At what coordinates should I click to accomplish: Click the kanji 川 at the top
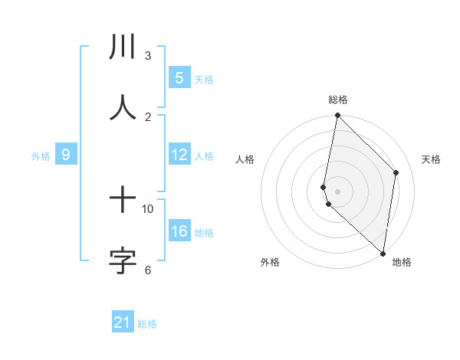pos(123,47)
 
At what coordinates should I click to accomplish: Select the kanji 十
pos(123,201)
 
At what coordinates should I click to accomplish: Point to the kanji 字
pos(123,260)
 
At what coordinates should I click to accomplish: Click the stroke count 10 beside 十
pos(148,208)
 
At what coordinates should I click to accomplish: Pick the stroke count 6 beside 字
pos(148,270)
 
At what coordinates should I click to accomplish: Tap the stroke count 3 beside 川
pos(148,55)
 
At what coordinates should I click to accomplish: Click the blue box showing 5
pos(179,77)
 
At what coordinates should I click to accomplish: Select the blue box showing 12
pos(179,155)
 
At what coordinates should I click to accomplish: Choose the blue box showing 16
pos(179,231)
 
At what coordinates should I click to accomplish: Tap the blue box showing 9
pos(66,155)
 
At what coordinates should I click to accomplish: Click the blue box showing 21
pos(123,322)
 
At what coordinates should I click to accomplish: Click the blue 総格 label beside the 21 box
pos(147,324)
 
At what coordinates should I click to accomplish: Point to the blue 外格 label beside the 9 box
pos(41,156)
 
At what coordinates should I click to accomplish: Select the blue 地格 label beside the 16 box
pos(204,233)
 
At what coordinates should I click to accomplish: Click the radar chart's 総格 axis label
pos(338,100)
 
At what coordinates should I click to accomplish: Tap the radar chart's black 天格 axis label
pos(432,159)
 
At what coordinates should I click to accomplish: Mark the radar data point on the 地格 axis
pos(383,253)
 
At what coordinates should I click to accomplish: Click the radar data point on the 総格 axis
pos(337,116)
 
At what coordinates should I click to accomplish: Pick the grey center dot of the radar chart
pos(338,191)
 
